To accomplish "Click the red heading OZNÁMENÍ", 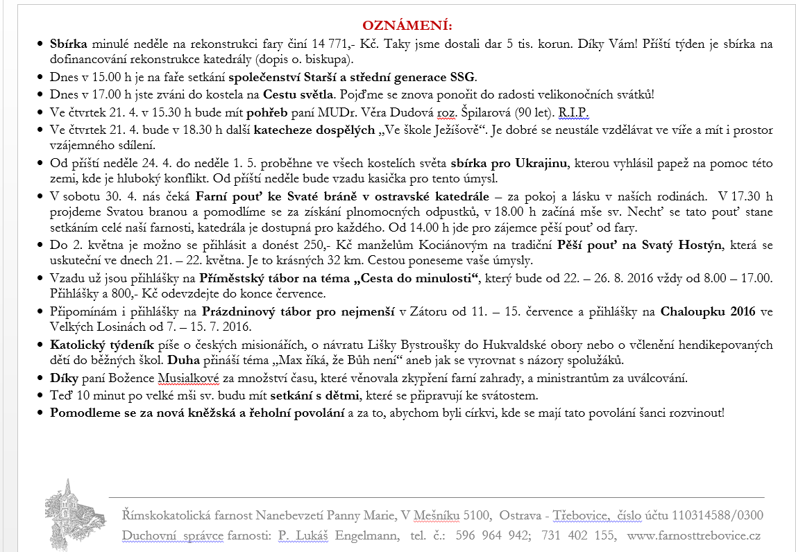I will (x=397, y=26).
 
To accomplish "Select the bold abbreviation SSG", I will (x=463, y=77).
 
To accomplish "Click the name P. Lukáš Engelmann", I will (x=338, y=535).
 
